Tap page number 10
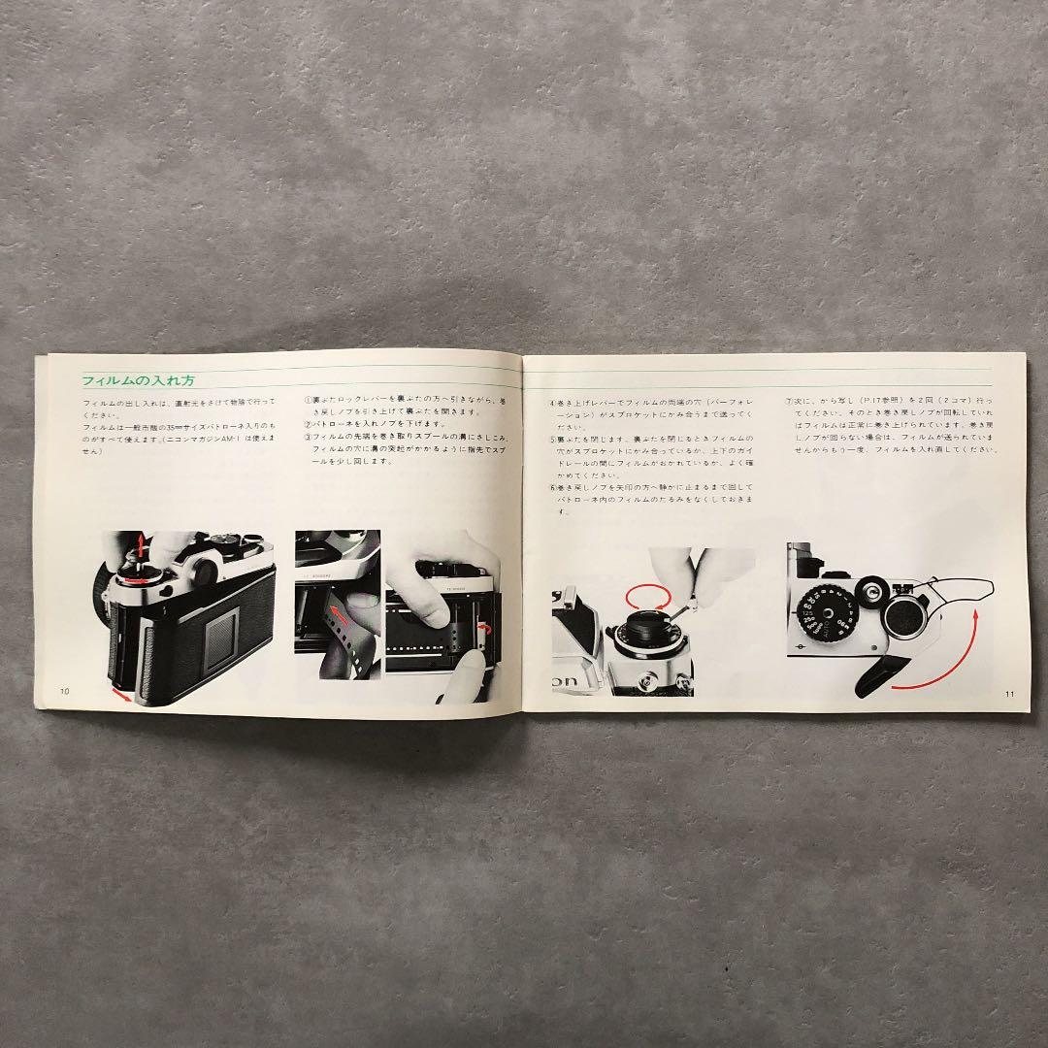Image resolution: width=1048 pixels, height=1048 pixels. click(64, 691)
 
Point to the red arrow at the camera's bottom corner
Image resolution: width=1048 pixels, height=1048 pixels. click(119, 695)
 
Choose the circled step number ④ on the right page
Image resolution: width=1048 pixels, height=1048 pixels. click(552, 402)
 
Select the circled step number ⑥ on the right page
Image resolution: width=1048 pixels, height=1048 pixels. click(552, 485)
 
